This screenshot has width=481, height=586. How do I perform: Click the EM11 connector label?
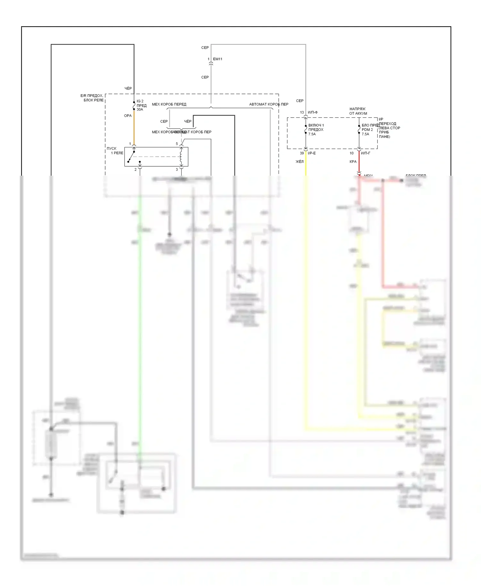pyautogui.click(x=217, y=59)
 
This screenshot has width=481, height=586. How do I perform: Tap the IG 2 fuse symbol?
pyautogui.click(x=134, y=105)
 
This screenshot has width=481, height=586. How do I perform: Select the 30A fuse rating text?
pyautogui.click(x=140, y=110)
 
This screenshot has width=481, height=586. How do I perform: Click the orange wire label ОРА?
pyautogui.click(x=128, y=116)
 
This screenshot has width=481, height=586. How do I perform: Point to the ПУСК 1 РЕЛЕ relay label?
pyautogui.click(x=115, y=151)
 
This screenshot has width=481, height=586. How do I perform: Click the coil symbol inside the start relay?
pyautogui.click(x=181, y=157)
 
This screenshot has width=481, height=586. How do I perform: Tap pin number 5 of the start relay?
pyautogui.click(x=177, y=144)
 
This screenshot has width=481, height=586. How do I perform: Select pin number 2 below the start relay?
pyautogui.click(x=135, y=170)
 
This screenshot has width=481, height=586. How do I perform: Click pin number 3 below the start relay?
pyautogui.click(x=177, y=170)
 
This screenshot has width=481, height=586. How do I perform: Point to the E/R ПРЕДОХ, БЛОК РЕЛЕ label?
pyautogui.click(x=92, y=98)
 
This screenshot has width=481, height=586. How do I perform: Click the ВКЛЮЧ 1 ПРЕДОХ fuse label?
pyautogui.click(x=316, y=128)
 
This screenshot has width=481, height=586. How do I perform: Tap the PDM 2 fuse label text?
pyautogui.click(x=367, y=130)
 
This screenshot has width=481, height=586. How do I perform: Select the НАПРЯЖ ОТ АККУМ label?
pyautogui.click(x=358, y=111)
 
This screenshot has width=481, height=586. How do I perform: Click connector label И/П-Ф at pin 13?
pyautogui.click(x=313, y=113)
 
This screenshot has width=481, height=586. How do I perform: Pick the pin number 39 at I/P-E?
pyautogui.click(x=302, y=153)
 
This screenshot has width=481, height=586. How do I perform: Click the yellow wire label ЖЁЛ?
pyautogui.click(x=299, y=162)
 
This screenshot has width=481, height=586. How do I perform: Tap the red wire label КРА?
pyautogui.click(x=353, y=162)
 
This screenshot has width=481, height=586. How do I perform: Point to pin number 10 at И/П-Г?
pyautogui.click(x=351, y=153)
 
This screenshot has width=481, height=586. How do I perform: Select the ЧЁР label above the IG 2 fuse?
pyautogui.click(x=128, y=88)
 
